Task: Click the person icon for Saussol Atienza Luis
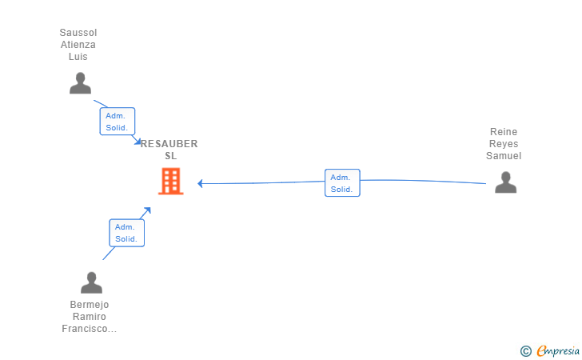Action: coord(80,83)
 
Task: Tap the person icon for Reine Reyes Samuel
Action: coord(505,182)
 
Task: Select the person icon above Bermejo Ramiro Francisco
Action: coord(91,282)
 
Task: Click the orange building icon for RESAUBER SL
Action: coord(170,182)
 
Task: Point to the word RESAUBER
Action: coord(169,144)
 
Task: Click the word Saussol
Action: coord(78,33)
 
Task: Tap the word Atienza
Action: coord(78,45)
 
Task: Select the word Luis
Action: coord(78,57)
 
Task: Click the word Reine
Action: coord(504,132)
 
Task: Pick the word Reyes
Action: coord(504,144)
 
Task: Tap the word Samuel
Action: coord(504,156)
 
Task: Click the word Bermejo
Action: coord(90,305)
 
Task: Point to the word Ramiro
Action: coord(90,317)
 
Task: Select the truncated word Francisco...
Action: coord(90,329)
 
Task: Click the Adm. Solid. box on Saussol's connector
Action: coord(117,122)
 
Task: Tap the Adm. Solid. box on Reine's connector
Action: coord(342,183)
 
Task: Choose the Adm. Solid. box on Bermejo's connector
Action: coord(126,233)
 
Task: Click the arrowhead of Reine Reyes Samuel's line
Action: coord(201,183)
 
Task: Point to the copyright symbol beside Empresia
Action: coord(525,350)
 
